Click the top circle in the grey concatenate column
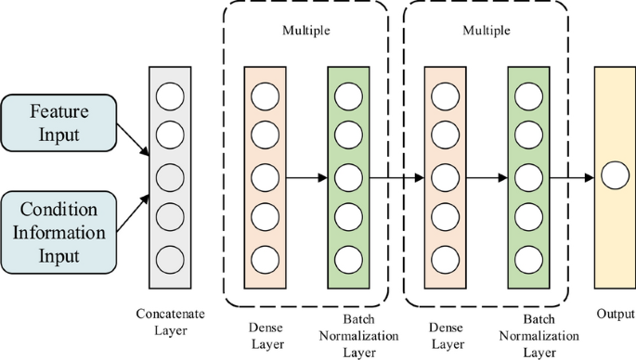[170, 95]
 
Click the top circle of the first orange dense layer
[263, 95]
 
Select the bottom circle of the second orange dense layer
[443, 258]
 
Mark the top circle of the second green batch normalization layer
[528, 95]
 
